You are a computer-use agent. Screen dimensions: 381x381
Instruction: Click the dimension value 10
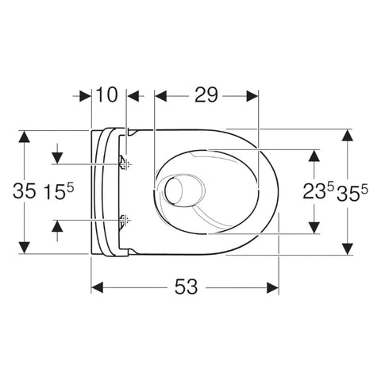tap(106, 95)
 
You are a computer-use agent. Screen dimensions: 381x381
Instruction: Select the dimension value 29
tap(206, 95)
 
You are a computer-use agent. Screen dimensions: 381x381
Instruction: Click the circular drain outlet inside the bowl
tap(174, 191)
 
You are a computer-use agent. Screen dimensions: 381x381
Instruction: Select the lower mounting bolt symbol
tap(121, 221)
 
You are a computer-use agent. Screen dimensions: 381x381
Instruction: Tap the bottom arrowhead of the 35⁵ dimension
tap(346, 248)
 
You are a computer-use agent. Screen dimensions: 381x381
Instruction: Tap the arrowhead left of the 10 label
tap(87, 95)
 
